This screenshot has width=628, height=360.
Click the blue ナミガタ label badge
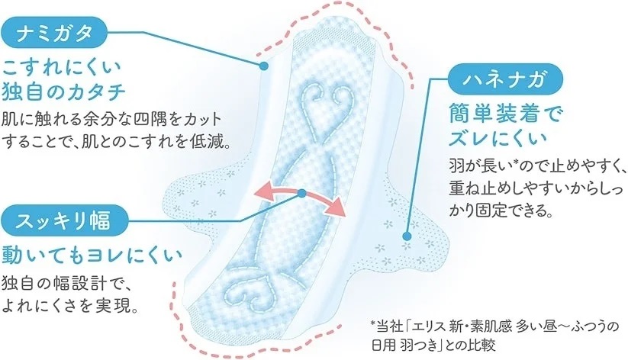pyautogui.click(x=55, y=33)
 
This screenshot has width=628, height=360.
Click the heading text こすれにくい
pyautogui.click(x=62, y=68)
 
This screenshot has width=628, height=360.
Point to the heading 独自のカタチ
pyautogui.click(x=64, y=92)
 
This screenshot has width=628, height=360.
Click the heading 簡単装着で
pyautogui.click(x=506, y=114)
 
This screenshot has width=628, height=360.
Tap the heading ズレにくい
pyautogui.click(x=498, y=138)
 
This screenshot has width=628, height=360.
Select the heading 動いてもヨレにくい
pyautogui.click(x=92, y=256)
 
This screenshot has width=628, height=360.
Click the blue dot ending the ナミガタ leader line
pyautogui.click(x=263, y=66)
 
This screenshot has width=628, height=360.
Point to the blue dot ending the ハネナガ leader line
pyautogui.click(x=407, y=236)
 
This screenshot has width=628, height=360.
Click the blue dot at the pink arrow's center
pyautogui.click(x=302, y=194)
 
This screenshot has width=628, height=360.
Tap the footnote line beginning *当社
pyautogui.click(x=494, y=326)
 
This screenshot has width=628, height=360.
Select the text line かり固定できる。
pyautogui.click(x=501, y=210)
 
